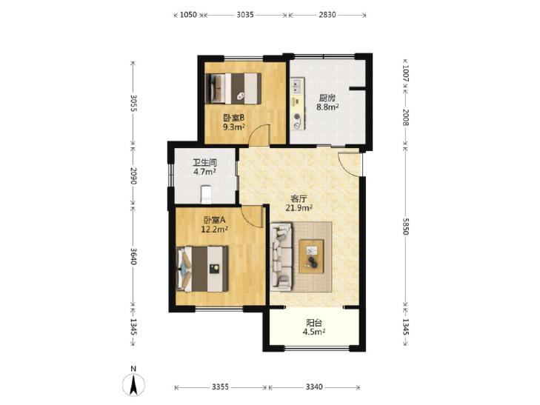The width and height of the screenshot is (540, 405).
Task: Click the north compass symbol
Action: point(133,382)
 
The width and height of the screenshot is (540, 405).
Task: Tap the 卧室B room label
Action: point(233,118)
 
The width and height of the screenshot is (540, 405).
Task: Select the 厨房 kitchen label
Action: point(327,98)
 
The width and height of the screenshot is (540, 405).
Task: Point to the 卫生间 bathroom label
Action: point(204,162)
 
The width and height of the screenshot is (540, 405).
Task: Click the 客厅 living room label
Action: point(299,198)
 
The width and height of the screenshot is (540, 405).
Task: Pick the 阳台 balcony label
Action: point(314,323)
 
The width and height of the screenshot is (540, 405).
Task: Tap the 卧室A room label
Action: point(214,220)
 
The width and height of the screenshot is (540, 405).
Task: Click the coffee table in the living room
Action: point(311,256)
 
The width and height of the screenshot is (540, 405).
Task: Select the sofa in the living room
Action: point(281,257)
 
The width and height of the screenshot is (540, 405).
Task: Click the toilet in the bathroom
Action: point(206,195)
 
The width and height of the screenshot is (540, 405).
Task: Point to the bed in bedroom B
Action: point(233,88)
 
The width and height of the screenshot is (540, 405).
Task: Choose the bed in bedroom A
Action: point(202,269)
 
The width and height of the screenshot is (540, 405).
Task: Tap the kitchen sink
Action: point(297,86)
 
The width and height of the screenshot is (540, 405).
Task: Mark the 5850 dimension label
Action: point(405,227)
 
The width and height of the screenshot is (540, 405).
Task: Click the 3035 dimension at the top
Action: point(245,15)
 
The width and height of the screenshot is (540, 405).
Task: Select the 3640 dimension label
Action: point(133,256)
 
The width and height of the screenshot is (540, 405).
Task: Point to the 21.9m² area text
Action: point(299,207)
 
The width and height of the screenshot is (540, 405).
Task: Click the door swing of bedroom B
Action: point(259,135)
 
